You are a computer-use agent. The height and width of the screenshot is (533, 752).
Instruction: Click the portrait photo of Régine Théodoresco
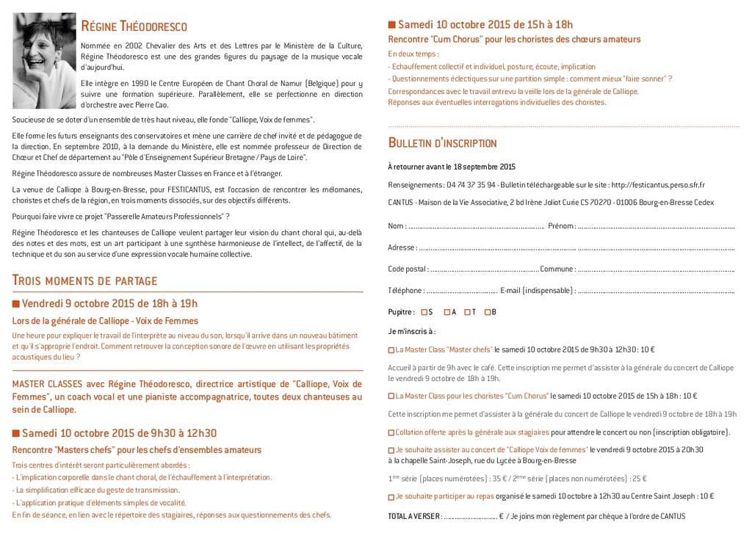(44, 60)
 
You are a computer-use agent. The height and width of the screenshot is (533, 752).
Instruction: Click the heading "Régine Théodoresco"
(134, 27)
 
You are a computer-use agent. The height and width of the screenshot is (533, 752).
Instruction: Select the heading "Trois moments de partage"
(84, 280)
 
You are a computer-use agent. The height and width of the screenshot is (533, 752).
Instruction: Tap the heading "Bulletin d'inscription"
(442, 142)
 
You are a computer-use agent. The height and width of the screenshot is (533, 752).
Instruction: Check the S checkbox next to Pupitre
(424, 312)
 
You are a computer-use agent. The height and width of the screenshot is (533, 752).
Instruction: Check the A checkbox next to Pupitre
(447, 312)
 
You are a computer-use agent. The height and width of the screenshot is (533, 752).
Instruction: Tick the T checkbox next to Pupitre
(467, 312)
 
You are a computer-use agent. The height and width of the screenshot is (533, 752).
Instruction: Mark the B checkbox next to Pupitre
(488, 312)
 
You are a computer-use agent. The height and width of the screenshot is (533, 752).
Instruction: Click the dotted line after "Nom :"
(476, 227)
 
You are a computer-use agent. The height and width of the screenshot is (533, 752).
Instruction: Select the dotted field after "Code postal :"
(484, 269)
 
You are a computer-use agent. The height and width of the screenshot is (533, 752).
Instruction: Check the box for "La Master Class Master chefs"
(391, 350)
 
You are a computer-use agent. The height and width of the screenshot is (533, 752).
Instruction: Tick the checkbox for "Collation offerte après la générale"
(391, 432)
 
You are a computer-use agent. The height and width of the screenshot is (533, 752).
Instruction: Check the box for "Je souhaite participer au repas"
(391, 497)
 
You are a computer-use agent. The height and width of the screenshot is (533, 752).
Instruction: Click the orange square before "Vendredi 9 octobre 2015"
(16, 304)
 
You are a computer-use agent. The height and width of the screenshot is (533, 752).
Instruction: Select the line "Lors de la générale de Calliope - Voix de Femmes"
(105, 321)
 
